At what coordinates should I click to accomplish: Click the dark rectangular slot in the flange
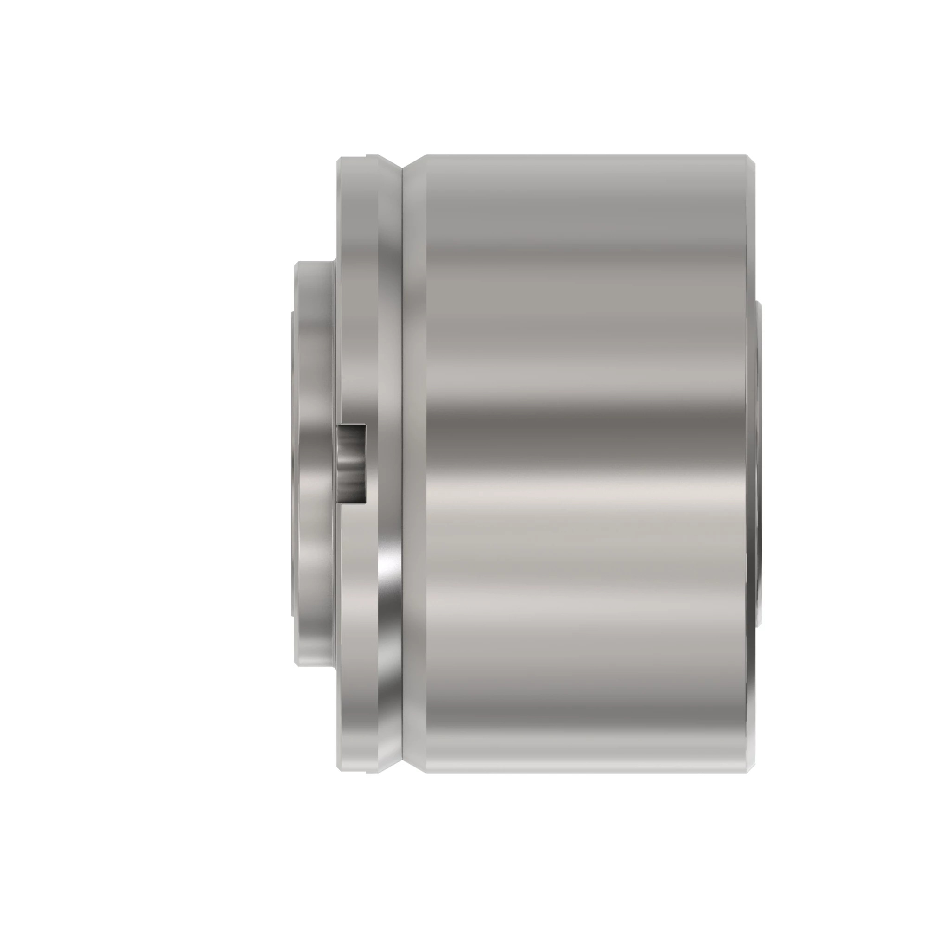point(352,464)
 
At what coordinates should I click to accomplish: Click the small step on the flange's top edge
point(366,155)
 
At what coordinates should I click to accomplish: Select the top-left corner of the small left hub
point(296,264)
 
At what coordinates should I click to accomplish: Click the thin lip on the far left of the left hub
point(292,464)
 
